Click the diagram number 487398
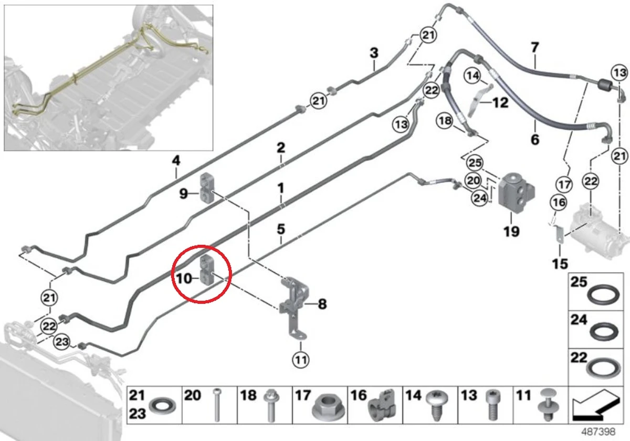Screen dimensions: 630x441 (x=598, y=432)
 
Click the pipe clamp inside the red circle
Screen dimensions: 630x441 (x=207, y=269)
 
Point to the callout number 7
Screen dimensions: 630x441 (x=534, y=48)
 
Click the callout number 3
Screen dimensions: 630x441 (x=374, y=53)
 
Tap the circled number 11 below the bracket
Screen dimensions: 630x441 (x=301, y=360)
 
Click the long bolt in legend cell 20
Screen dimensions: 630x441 (x=216, y=405)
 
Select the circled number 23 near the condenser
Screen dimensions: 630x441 (x=61, y=342)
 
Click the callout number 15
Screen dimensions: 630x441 (x=560, y=264)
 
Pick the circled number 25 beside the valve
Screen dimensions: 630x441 (x=475, y=163)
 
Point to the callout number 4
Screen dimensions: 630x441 (x=176, y=160)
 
